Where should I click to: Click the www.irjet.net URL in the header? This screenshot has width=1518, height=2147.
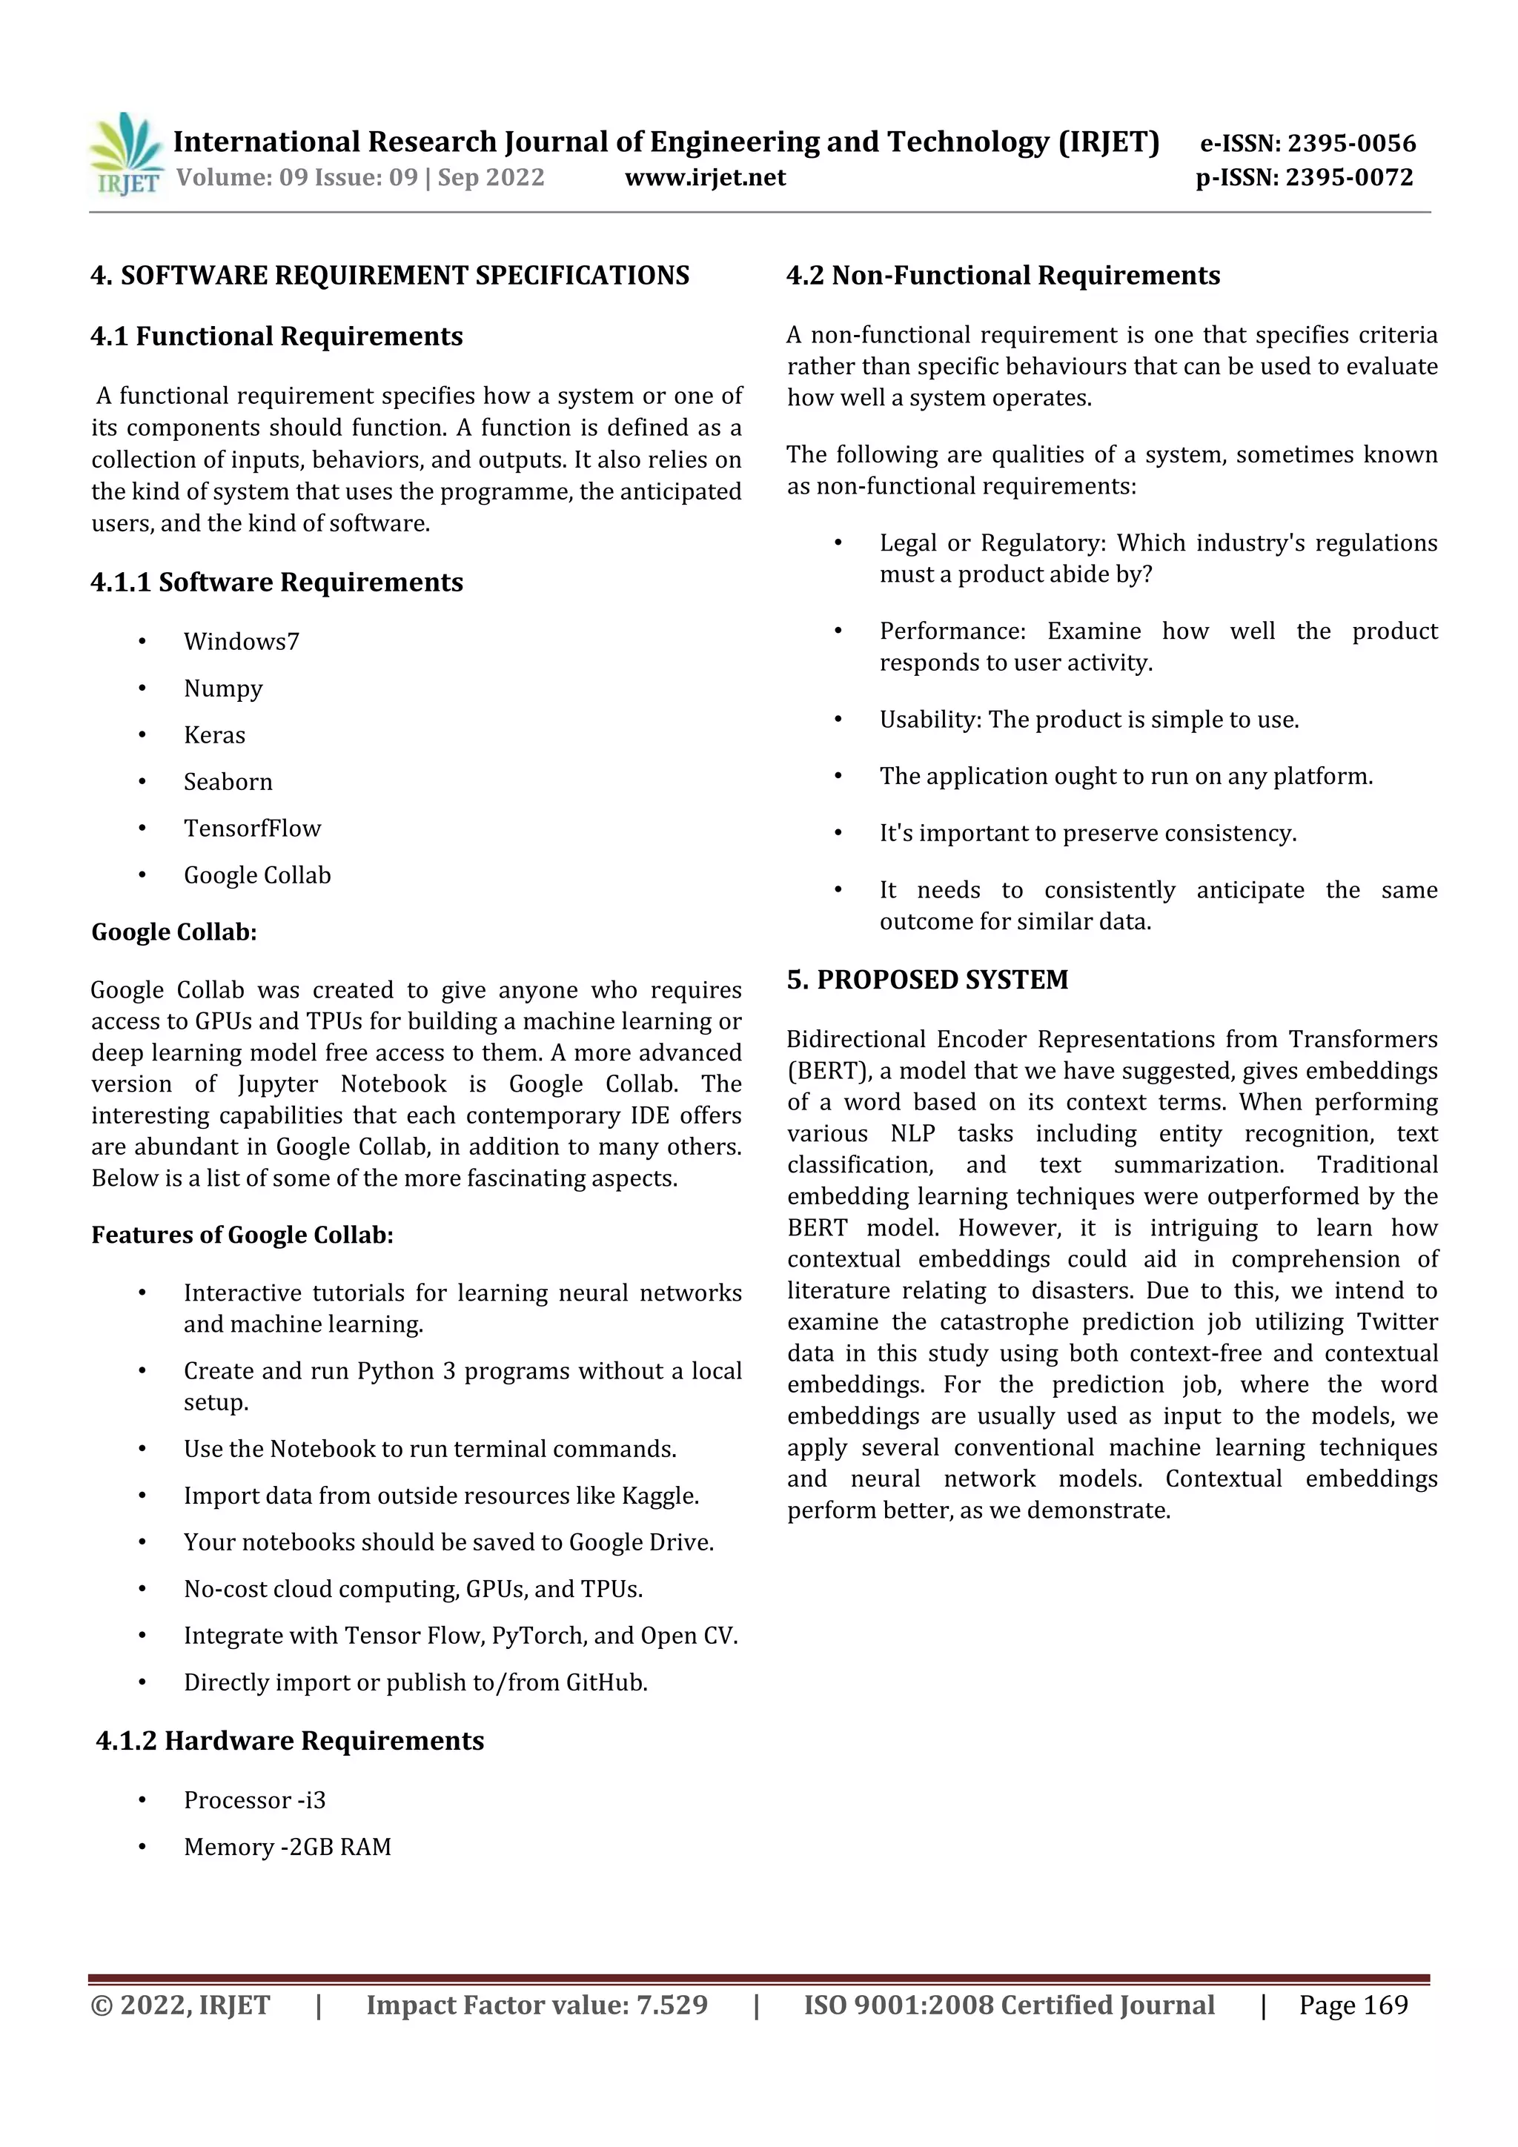point(704,178)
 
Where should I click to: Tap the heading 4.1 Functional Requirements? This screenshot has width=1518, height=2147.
point(277,336)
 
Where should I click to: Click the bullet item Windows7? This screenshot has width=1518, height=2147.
point(242,642)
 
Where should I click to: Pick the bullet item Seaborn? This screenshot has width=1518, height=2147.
point(228,782)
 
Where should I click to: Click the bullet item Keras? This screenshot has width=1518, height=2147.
point(214,735)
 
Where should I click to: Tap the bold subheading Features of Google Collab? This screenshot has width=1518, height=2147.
point(242,1235)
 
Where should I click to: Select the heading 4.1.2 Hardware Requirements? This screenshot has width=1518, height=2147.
point(290,1741)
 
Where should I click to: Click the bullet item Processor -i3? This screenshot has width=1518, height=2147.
point(254,1801)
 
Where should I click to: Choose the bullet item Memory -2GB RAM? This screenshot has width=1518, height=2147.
point(287,1848)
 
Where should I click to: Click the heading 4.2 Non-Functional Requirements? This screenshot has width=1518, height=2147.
point(1003,276)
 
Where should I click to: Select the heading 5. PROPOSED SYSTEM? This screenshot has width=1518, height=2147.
point(927,980)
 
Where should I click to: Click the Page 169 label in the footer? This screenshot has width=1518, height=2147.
point(1353,2005)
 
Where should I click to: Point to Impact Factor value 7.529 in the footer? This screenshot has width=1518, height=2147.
point(537,2005)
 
